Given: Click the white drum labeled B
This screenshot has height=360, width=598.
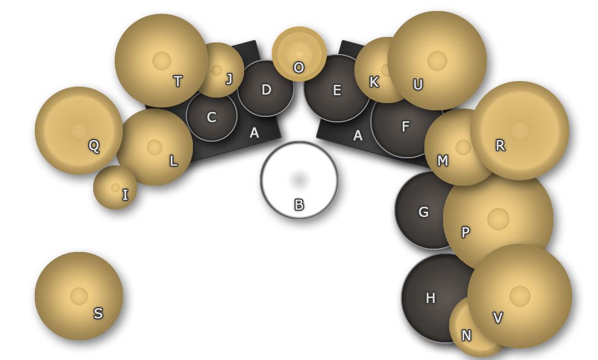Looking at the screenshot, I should coord(299,180).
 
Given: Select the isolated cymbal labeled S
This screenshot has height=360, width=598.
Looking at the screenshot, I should coord(79,296).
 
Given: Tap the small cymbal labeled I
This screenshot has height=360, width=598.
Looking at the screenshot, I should coord(115,187).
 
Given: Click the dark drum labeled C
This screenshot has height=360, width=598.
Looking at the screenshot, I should coord(212,116).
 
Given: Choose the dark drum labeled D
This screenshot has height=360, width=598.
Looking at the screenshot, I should coord(266,89).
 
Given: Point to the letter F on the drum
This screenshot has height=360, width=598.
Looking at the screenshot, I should coord(406,127).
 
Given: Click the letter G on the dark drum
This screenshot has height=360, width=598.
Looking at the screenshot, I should coord(423,212).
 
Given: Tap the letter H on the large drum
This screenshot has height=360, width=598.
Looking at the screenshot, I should coord(430,298).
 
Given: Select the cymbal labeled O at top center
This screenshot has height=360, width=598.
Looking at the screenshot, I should coord(299,53).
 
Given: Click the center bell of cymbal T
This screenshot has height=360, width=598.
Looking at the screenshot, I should coord(161,61).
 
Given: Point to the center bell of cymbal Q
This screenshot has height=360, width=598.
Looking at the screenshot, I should coord(79,131).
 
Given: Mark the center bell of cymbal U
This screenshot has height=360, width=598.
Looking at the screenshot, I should coord(437,61).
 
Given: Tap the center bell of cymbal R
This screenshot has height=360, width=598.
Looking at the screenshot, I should coord(520,131).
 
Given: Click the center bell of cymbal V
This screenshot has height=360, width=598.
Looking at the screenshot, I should coord(520,296).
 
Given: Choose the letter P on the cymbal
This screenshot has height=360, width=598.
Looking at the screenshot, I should coord(466,233).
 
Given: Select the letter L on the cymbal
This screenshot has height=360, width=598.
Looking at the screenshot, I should coord(173,161).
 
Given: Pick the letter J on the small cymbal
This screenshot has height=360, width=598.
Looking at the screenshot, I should coord(229,79).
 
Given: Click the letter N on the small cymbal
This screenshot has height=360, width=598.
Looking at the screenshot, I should coord(466,336).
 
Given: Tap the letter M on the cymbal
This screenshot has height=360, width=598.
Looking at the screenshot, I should coord(443,161).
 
